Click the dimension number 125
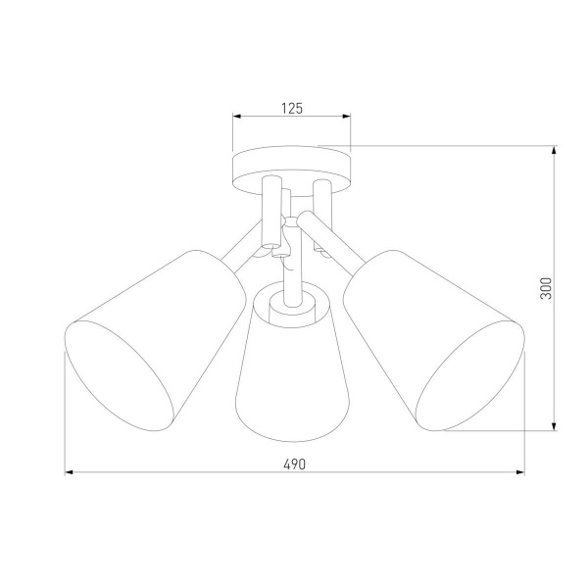point(290,109)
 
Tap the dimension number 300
point(547,287)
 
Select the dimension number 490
point(292,464)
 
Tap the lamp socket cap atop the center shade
point(291,304)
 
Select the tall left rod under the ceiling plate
point(271,211)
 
